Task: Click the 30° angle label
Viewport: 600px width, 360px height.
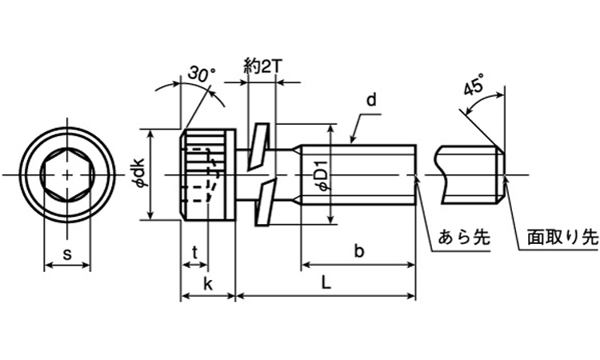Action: [x=202, y=74]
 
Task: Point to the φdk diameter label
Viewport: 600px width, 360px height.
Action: [x=140, y=174]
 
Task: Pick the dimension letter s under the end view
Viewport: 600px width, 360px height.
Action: [x=67, y=254]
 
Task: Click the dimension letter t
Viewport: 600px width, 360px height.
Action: [x=194, y=254]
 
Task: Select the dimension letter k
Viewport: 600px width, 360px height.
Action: [x=207, y=283]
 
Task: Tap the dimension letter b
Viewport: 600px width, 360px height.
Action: [x=359, y=252]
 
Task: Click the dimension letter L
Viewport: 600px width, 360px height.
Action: [x=326, y=283]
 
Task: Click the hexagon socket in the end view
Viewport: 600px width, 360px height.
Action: [x=67, y=174]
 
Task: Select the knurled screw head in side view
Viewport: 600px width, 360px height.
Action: [x=206, y=174]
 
